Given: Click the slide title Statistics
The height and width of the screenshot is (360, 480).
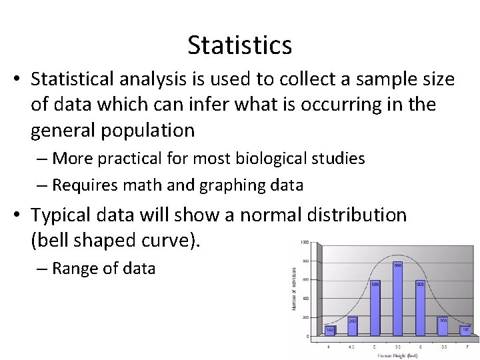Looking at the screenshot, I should (x=239, y=45).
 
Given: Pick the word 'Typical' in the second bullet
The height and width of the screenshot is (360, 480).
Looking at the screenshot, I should (x=70, y=215).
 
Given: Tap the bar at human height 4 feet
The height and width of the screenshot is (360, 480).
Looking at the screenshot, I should (x=330, y=331).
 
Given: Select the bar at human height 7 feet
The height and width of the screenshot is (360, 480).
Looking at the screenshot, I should (x=465, y=331).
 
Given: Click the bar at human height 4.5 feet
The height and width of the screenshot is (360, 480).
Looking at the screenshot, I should (x=353, y=327).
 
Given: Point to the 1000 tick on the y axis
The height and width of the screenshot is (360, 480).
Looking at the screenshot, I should (x=303, y=242).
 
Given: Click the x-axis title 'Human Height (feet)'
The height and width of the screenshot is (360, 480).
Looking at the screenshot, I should (x=397, y=356).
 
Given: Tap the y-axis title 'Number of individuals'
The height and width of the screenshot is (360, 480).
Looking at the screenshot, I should (x=293, y=289).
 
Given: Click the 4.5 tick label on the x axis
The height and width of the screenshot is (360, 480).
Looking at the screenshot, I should (x=352, y=347).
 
